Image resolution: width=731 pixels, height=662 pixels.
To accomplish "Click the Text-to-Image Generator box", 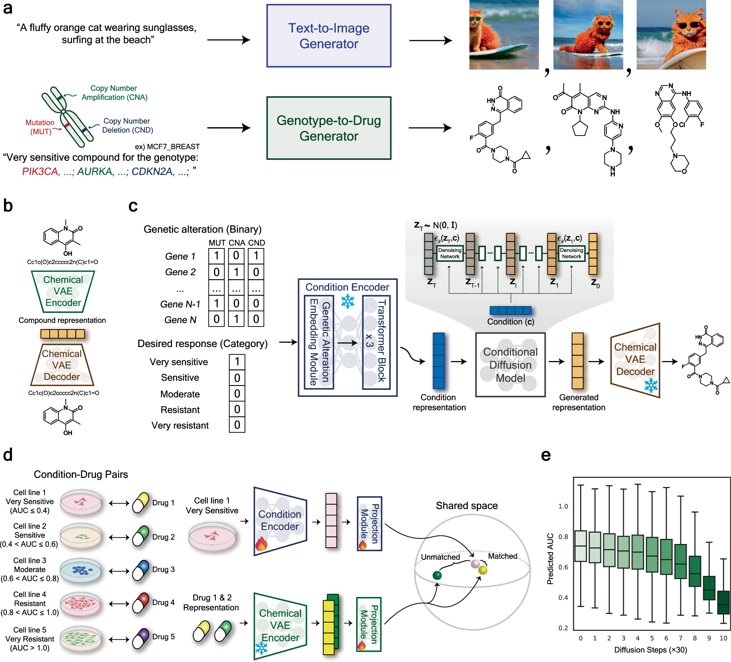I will (x=328, y=36).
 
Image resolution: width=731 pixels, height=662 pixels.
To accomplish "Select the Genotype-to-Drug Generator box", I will (x=328, y=128).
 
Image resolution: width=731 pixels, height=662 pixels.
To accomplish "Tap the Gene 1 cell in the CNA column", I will (x=236, y=256).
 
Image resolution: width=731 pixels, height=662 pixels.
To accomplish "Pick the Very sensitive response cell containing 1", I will (x=237, y=362).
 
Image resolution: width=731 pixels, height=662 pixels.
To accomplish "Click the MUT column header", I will (x=217, y=243).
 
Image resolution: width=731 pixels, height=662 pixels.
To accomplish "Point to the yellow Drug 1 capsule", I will (x=140, y=503).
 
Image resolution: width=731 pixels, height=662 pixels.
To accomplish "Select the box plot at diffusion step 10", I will (x=723, y=602).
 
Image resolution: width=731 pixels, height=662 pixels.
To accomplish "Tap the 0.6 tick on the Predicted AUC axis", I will (x=563, y=567).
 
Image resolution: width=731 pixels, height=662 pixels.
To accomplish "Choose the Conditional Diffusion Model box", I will (x=510, y=365).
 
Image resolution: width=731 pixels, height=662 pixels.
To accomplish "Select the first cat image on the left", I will (x=504, y=35).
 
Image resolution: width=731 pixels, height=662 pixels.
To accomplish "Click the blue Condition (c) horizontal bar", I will (x=510, y=311).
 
